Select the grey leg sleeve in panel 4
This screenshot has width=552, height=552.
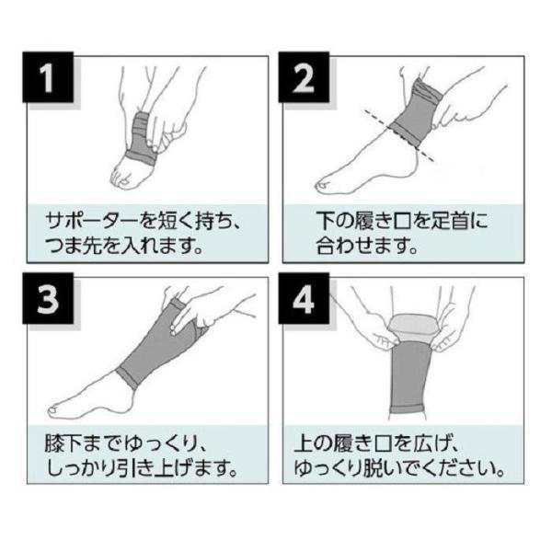411,377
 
